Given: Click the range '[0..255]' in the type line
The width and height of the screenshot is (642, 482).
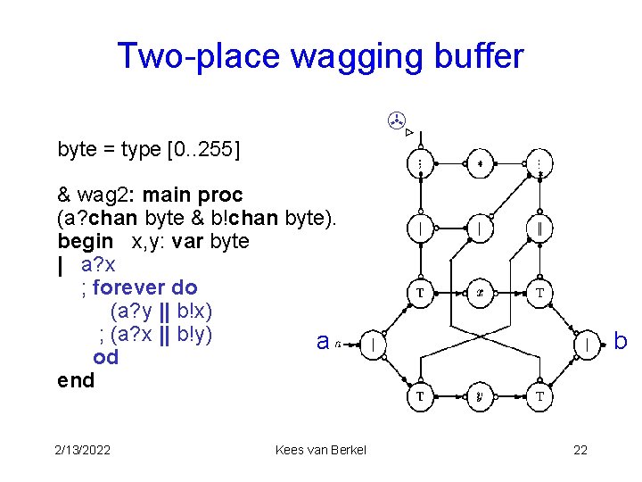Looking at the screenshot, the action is point(203,149).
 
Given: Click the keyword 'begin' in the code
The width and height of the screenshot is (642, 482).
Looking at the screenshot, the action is point(85,242).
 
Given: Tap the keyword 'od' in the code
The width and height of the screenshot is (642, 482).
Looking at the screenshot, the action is point(105,358).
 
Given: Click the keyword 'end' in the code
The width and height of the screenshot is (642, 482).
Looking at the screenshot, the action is point(76,381).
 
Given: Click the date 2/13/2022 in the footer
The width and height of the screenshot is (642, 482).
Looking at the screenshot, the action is point(81,450).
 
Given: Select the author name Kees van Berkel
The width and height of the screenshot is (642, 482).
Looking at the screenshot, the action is point(321,450).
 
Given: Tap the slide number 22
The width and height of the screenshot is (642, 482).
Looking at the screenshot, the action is point(580,450).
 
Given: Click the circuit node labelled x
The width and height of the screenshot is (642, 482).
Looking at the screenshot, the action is point(479,292).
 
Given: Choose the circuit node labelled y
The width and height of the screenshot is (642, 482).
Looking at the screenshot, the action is point(479,396).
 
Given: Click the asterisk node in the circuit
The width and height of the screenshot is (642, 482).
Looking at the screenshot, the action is point(479,164).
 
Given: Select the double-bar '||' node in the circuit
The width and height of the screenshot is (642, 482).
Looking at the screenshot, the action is point(539,229).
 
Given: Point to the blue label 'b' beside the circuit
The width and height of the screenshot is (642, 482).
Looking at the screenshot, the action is point(621,342).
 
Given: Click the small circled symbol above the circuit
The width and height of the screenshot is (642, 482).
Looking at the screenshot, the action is point(397,119).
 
